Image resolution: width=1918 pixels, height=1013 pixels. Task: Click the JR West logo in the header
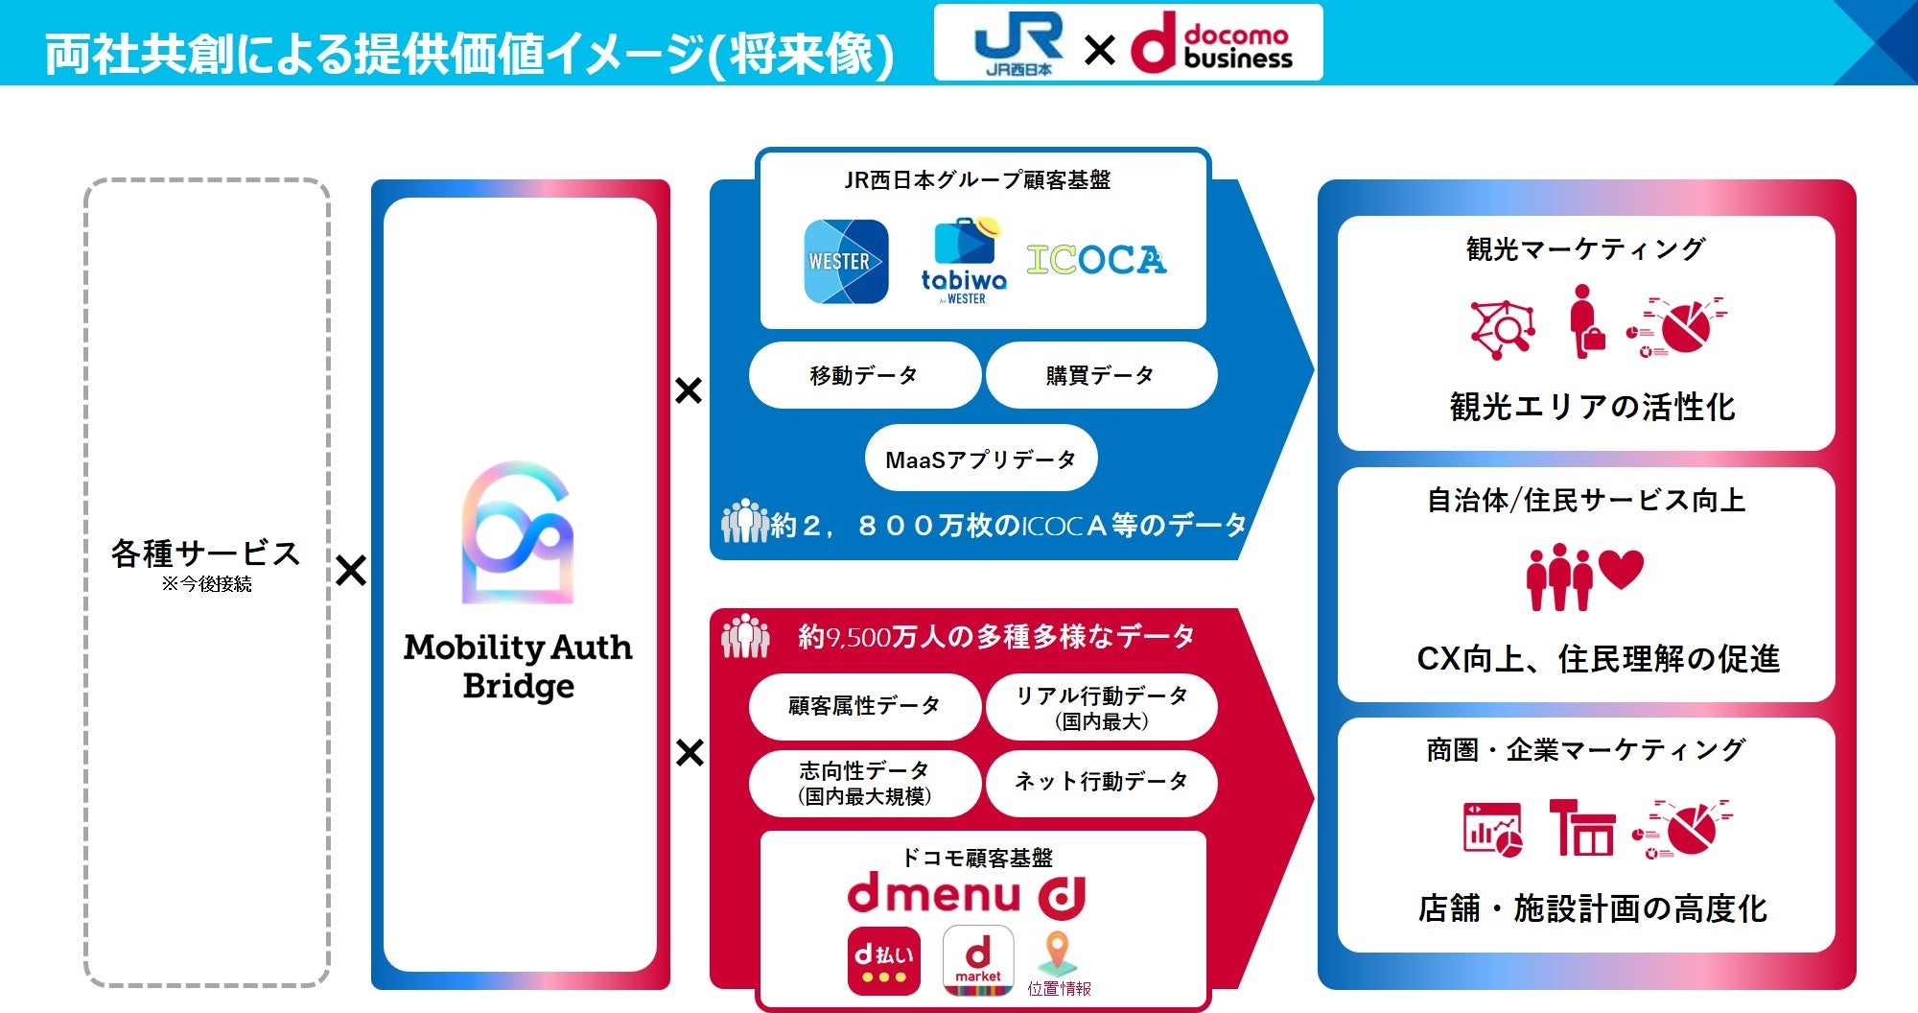tap(1017, 43)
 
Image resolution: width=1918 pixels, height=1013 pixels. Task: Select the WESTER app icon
tap(845, 261)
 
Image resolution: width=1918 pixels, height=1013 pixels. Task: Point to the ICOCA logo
tap(1096, 259)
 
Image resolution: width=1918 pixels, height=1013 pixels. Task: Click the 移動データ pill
tap(864, 375)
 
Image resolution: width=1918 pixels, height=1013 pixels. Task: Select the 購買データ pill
tap(1100, 375)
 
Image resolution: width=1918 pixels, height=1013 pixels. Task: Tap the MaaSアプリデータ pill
tap(980, 459)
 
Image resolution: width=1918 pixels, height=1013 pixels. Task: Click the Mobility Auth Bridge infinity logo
tap(518, 533)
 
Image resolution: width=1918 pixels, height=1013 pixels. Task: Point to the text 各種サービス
tap(205, 554)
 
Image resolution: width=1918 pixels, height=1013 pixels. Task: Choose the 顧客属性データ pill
tap(864, 706)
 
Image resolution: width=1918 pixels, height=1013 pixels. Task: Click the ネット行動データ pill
tap(1101, 782)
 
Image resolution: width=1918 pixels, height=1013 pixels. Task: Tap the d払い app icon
tap(883, 960)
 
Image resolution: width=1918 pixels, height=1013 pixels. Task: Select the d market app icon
tap(977, 960)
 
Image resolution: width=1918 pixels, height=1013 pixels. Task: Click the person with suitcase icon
tap(1585, 322)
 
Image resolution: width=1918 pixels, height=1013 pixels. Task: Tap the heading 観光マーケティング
tap(1585, 249)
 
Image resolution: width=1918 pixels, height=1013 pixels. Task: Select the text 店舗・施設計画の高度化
tap(1592, 908)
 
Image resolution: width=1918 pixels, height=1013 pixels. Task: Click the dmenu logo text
tap(934, 895)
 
